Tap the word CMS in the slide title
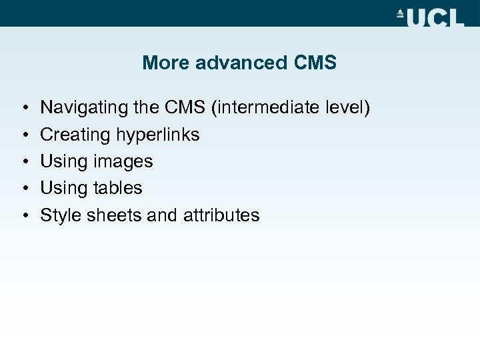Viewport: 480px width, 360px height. pos(315,63)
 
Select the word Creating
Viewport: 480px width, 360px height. pos(75,135)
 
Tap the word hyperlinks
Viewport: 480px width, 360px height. pos(157,135)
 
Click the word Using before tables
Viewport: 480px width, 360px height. pos(63,188)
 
